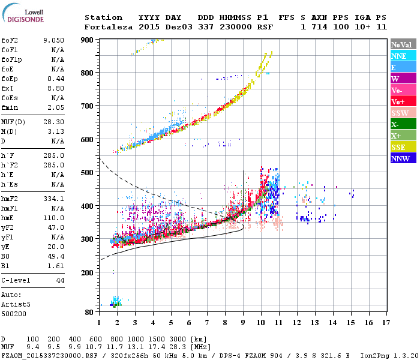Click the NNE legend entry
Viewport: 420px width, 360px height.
click(399, 56)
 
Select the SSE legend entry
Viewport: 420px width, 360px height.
click(399, 147)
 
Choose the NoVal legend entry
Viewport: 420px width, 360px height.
click(401, 44)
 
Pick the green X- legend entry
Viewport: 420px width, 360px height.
click(396, 124)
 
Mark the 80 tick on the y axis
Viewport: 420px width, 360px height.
click(90, 313)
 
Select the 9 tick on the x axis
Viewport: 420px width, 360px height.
click(242, 322)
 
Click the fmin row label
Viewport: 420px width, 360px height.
click(10, 107)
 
